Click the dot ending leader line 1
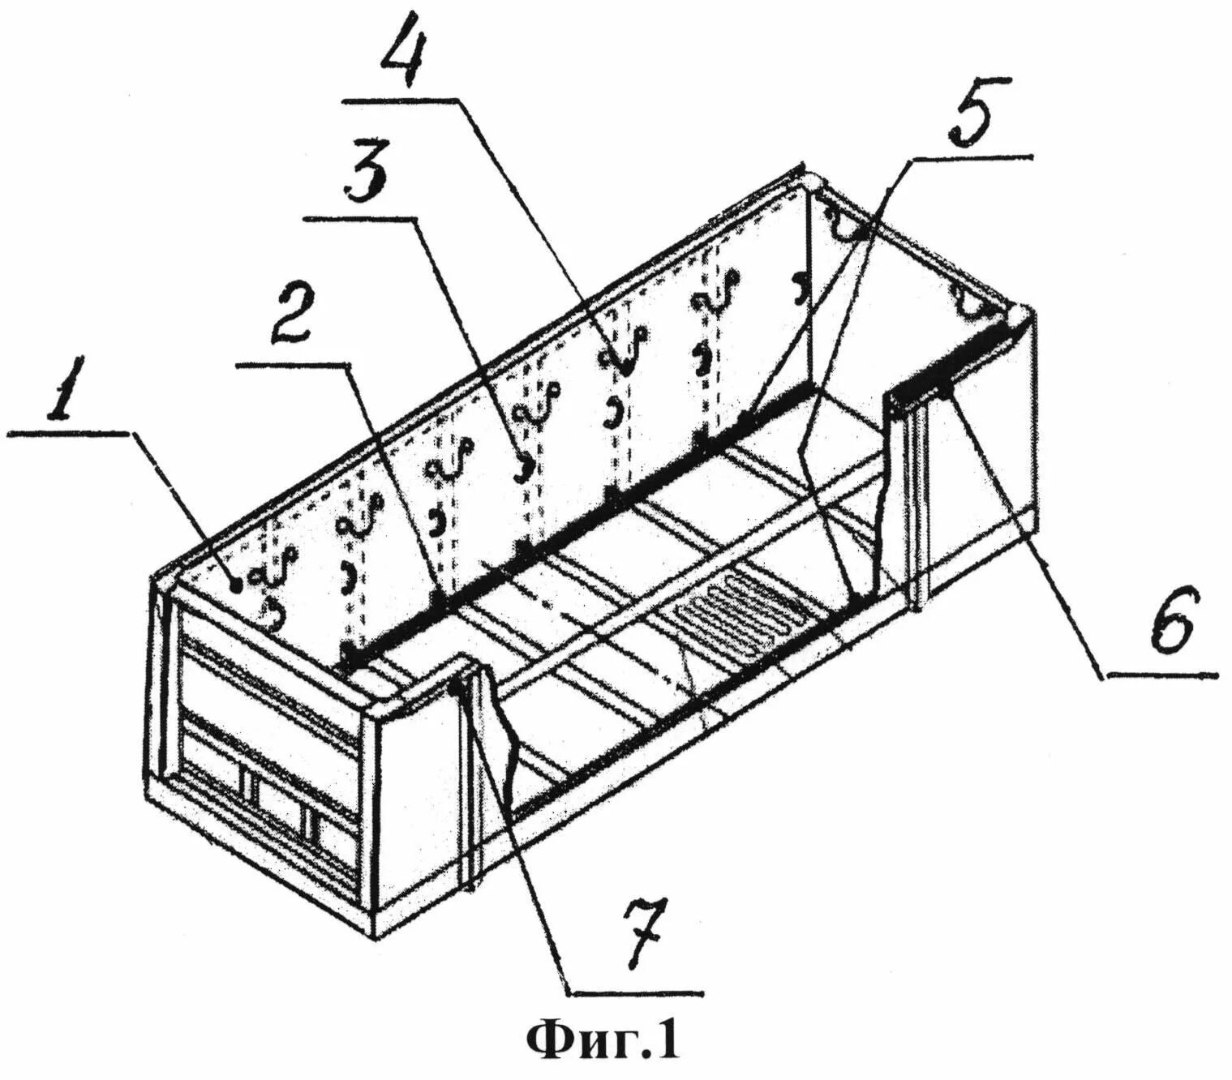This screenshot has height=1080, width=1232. click(x=235, y=583)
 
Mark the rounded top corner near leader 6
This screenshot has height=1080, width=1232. click(x=1020, y=314)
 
